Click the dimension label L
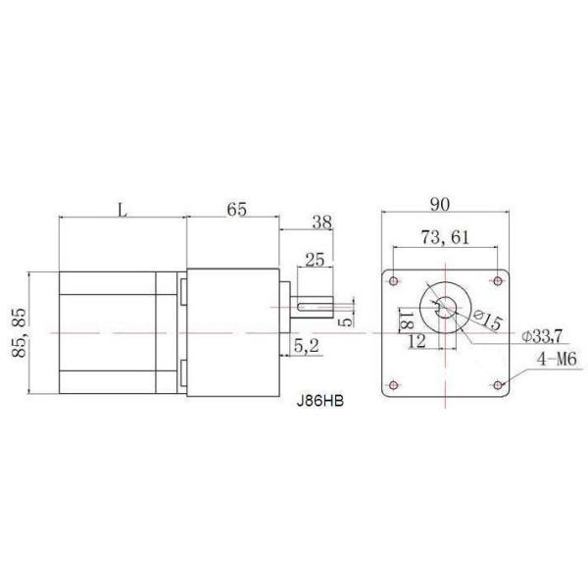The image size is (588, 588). click(x=121, y=209)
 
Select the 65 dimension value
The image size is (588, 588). click(x=235, y=209)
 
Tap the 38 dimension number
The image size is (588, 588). click(x=321, y=222)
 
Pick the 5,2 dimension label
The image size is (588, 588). click(x=306, y=346)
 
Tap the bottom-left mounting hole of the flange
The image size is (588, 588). click(x=394, y=385)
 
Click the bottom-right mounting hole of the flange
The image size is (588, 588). click(x=498, y=385)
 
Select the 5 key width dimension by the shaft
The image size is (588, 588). click(x=344, y=321)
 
